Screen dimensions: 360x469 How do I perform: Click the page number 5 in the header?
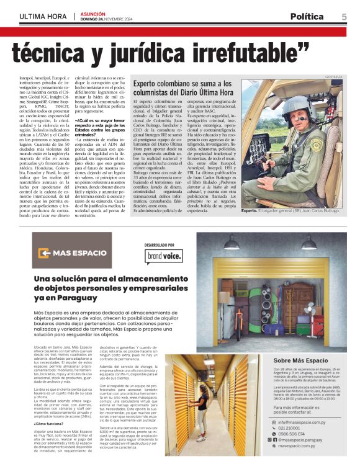pos(344,17)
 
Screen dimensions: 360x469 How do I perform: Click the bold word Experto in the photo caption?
pos(250,211)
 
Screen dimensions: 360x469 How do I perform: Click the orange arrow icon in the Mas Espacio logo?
pos(44,253)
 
